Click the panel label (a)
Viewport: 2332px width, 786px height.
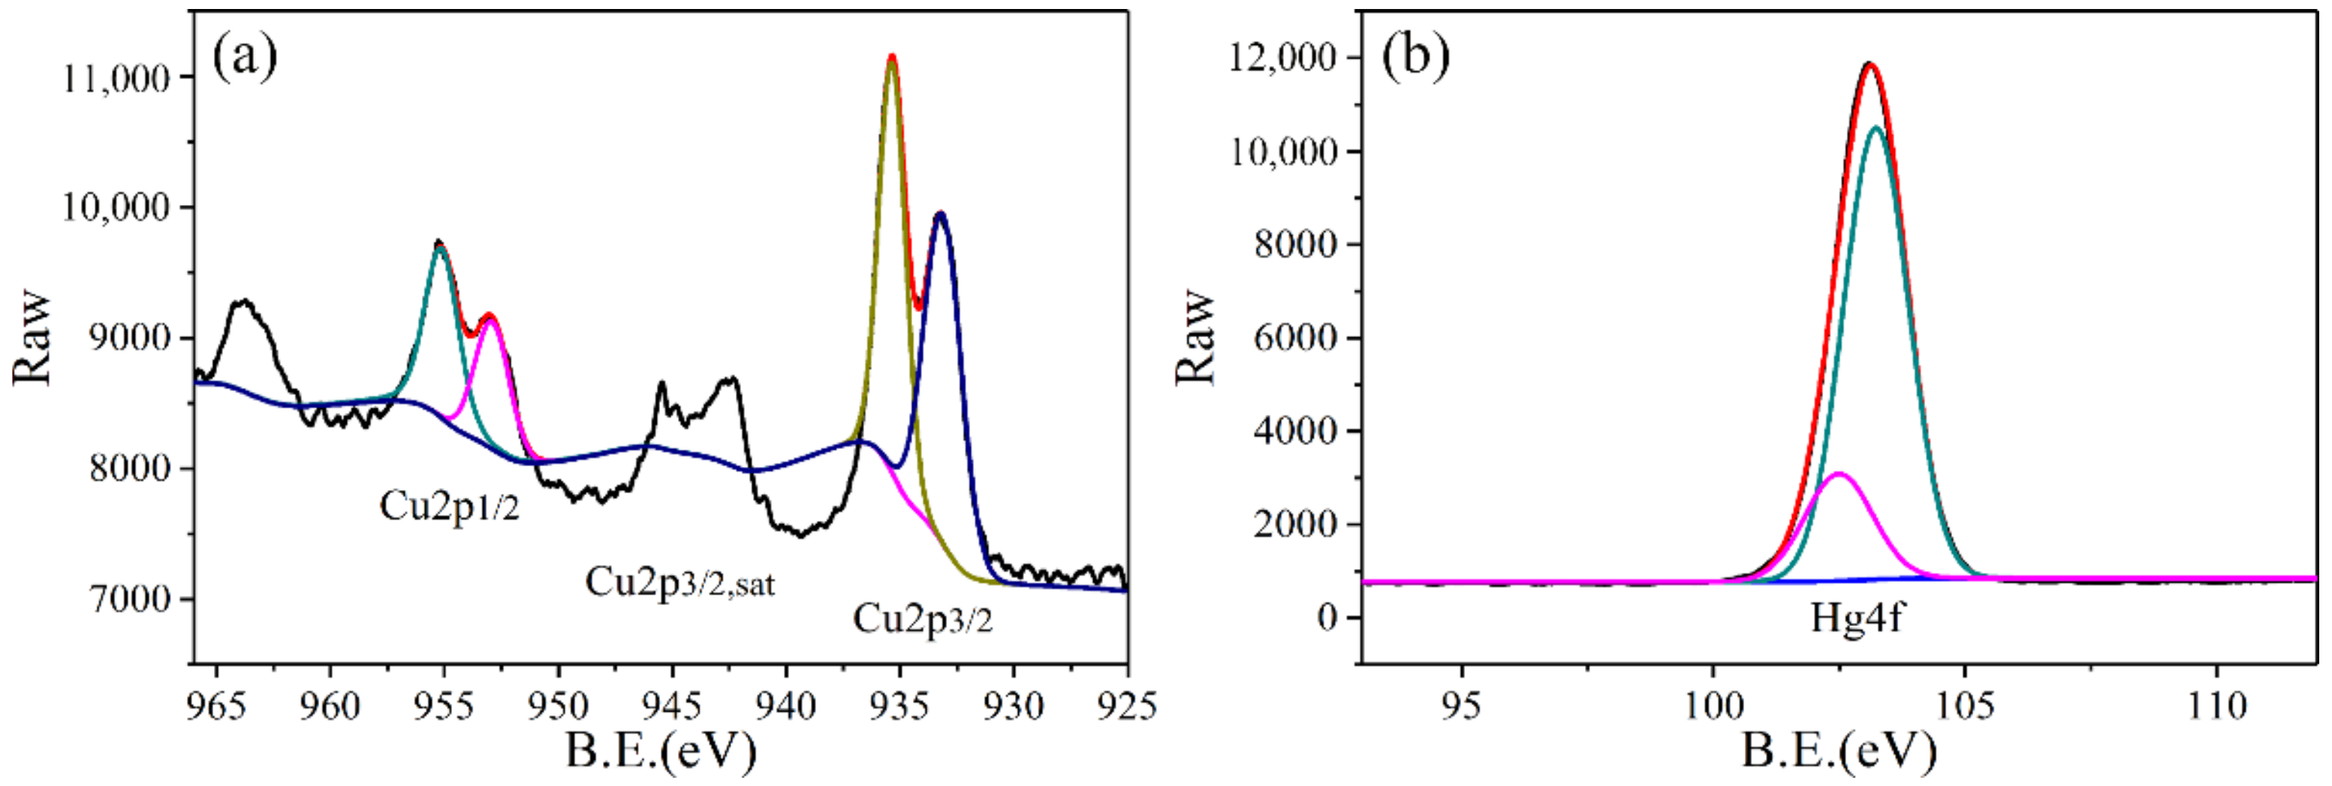point(245,56)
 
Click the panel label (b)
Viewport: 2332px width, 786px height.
point(1416,56)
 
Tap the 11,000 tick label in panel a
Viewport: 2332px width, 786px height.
point(115,79)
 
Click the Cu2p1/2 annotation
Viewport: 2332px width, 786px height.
point(449,507)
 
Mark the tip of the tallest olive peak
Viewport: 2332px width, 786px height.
point(892,58)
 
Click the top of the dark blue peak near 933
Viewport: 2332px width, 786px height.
point(941,214)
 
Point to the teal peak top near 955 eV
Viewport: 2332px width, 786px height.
point(439,247)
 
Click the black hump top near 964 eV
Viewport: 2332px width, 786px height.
point(243,302)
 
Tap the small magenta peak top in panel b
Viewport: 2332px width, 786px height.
point(1839,474)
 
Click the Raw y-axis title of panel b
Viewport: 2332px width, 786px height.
point(1196,337)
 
